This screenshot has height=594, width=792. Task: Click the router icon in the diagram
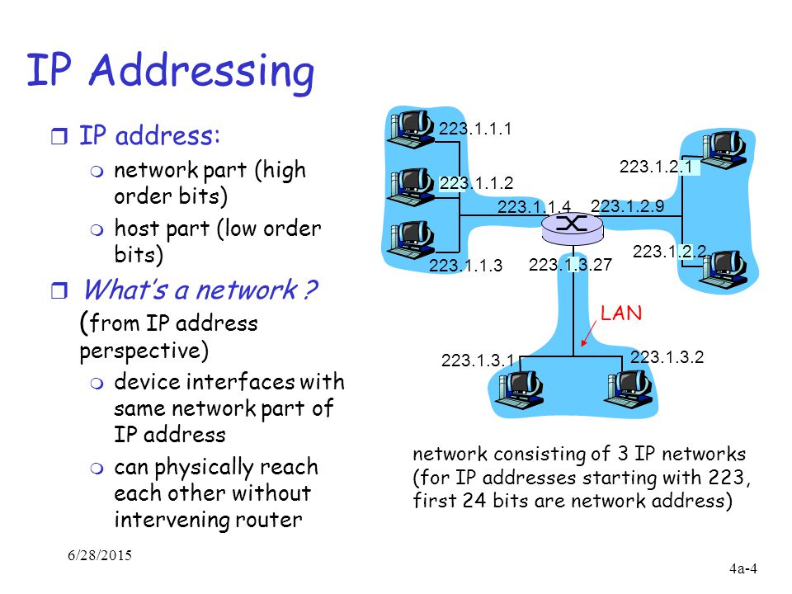click(x=573, y=228)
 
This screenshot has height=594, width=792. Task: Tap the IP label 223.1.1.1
click(x=475, y=129)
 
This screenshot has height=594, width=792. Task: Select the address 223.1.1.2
click(x=476, y=183)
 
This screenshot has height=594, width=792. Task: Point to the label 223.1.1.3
click(x=465, y=265)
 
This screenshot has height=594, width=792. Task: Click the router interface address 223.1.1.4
click(x=534, y=206)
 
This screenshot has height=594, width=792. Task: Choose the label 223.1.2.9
click(x=627, y=206)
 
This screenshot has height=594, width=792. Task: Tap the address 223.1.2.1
click(x=656, y=167)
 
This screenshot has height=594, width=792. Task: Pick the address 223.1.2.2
click(x=669, y=252)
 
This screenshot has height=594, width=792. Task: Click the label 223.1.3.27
click(x=570, y=264)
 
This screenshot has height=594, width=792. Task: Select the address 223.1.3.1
click(x=478, y=361)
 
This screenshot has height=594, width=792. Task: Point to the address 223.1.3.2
click(x=667, y=357)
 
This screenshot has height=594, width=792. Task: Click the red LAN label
click(x=621, y=313)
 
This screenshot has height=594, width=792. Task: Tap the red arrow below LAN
click(x=588, y=333)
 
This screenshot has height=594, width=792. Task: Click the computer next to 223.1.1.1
click(x=410, y=129)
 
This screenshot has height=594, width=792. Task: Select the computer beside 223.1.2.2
click(x=724, y=271)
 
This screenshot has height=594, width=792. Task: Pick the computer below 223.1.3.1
click(x=519, y=389)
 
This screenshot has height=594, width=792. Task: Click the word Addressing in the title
click(x=201, y=72)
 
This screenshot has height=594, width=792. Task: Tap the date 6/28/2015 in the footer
click(x=100, y=555)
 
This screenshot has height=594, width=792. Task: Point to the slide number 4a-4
click(x=743, y=568)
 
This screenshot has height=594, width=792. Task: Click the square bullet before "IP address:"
click(x=59, y=136)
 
